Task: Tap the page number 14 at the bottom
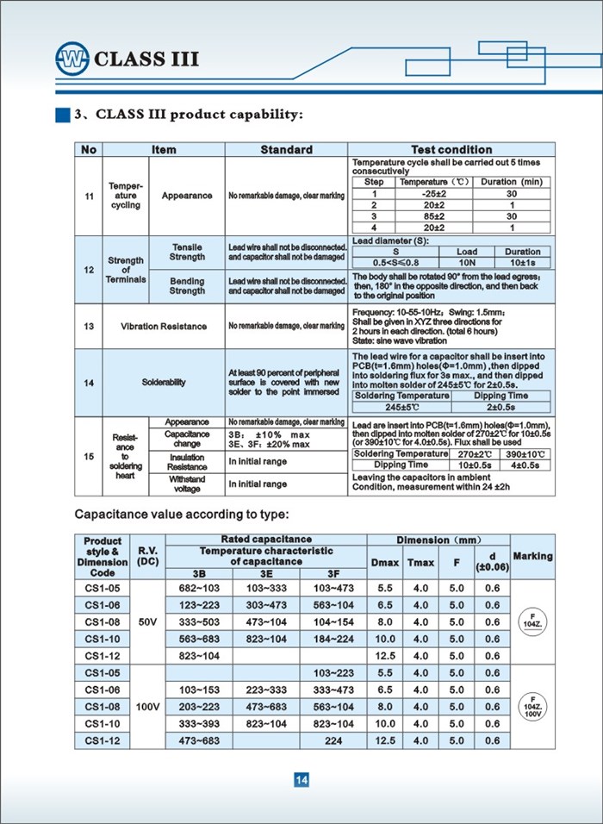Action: (301, 780)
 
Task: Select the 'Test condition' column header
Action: (451, 150)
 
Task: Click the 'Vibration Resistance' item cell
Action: (164, 327)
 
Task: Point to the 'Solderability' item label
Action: (164, 383)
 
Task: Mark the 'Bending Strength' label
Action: (187, 286)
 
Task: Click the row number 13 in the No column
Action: (90, 327)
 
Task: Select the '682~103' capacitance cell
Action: (199, 587)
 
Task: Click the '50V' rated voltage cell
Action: (148, 621)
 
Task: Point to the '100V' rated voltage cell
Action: (148, 707)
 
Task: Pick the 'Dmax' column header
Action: (384, 563)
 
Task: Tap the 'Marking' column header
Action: (532, 556)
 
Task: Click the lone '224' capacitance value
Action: (333, 740)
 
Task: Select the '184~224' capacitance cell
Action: (333, 639)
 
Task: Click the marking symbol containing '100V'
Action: (532, 706)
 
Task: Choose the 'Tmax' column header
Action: (420, 563)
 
